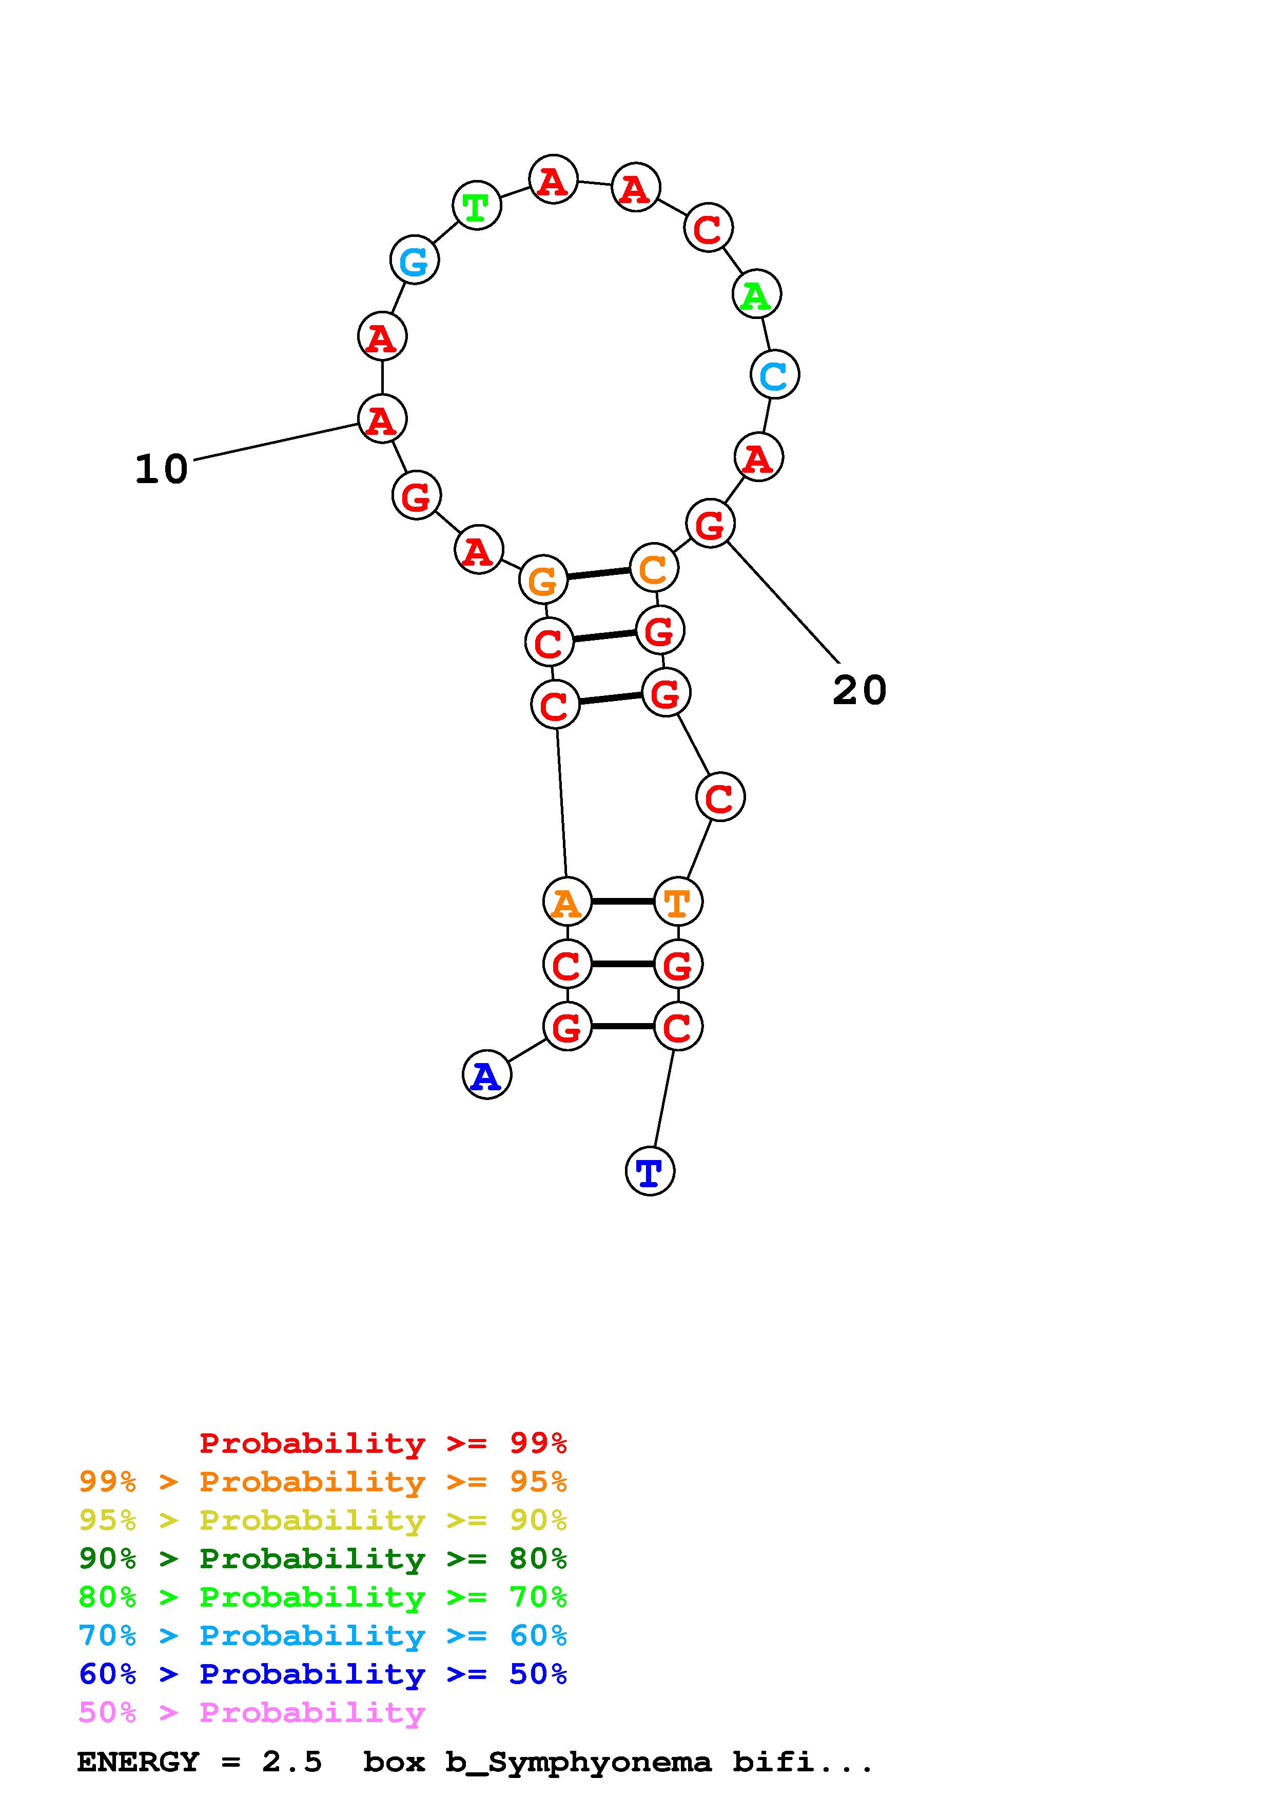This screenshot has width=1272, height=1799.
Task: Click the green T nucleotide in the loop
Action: tap(477, 206)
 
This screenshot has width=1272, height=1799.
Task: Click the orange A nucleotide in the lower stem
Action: tap(566, 902)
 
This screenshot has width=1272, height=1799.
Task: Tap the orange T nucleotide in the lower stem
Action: tap(677, 902)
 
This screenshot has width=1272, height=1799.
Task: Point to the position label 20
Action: tap(859, 690)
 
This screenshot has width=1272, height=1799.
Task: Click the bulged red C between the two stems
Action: tap(719, 797)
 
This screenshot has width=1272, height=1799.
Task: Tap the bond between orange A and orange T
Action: tap(622, 902)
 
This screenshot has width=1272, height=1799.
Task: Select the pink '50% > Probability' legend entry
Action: tap(252, 1712)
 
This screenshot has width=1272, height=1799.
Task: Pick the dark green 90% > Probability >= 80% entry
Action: tap(323, 1558)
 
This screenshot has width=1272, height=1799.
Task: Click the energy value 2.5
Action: tap(291, 1762)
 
